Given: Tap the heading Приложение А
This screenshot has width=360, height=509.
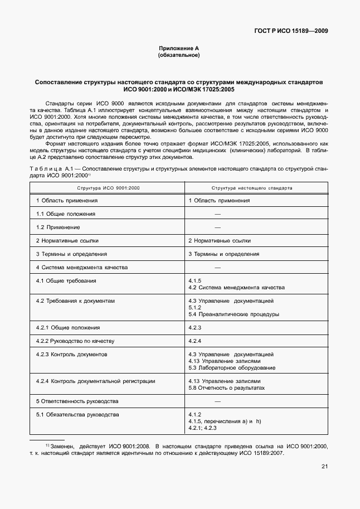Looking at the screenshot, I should pyautogui.click(x=179, y=49).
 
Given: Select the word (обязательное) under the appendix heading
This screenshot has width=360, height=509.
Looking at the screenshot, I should pyautogui.click(x=179, y=56).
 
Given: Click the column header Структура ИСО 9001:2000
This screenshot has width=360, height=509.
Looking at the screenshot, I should pyautogui.click(x=108, y=188).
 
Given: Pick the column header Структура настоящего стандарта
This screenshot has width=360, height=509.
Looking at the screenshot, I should pyautogui.click(x=252, y=188).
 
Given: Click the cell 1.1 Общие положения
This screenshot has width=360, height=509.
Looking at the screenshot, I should pyautogui.click(x=66, y=214).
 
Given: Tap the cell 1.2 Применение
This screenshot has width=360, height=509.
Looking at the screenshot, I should pyautogui.click(x=58, y=227).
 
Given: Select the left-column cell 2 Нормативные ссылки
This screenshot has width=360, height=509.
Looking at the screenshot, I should pyautogui.click(x=67, y=240).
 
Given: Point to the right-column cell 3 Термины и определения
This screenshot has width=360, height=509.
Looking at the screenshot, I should pyautogui.click(x=223, y=254).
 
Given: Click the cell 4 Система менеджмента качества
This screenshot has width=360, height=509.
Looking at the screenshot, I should pyautogui.click(x=82, y=267).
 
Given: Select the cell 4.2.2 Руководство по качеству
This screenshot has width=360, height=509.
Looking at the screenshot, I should pyautogui.click(x=75, y=341).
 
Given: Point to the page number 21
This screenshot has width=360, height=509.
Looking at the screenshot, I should pyautogui.click(x=324, y=467).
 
